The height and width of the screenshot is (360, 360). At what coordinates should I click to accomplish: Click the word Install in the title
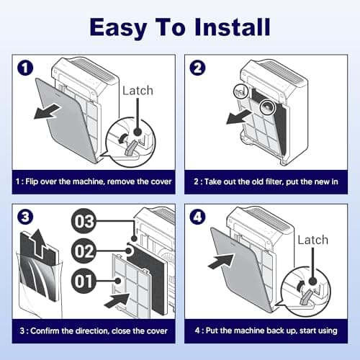[x=233, y=27]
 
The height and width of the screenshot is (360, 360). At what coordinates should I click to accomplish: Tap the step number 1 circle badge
[x=25, y=68]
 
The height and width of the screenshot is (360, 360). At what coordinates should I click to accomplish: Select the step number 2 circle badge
[x=197, y=68]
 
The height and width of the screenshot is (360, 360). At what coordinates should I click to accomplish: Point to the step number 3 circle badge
[x=25, y=217]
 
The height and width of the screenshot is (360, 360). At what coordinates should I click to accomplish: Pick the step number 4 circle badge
[x=197, y=217]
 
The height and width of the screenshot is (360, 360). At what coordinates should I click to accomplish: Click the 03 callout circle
[x=84, y=221]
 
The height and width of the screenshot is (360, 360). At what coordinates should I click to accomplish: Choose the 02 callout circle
[x=84, y=251]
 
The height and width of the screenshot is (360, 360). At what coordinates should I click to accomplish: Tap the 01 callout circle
[x=84, y=281]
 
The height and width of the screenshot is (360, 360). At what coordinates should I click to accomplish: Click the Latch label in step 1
[x=138, y=91]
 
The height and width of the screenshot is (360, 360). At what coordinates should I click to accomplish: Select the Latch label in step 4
[x=313, y=240]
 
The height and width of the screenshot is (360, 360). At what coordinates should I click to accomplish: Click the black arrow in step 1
[x=47, y=112]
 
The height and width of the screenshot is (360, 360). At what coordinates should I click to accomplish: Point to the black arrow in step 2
[x=239, y=117]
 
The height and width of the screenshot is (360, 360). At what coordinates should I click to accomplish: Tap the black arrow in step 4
[x=221, y=261]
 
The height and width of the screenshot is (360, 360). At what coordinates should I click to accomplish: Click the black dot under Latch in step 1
[x=138, y=131]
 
